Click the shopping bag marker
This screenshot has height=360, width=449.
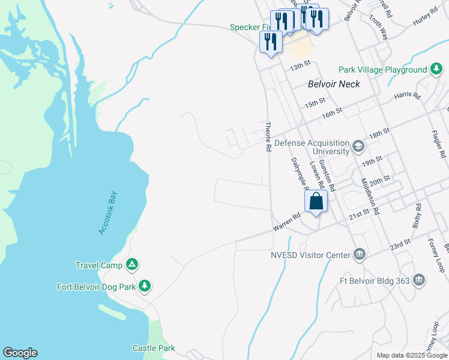pyautogui.click(x=316, y=202)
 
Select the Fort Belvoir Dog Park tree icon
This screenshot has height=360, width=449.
pyautogui.click(x=144, y=286)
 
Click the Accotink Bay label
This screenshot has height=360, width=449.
pyautogui.click(x=109, y=213)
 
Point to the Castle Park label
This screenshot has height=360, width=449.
pyautogui.click(x=154, y=348)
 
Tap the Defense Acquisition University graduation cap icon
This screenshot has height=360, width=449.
pyautogui.click(x=358, y=146)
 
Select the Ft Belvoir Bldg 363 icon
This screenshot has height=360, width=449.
pyautogui.click(x=419, y=279)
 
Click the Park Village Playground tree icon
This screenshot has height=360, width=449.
pyautogui.click(x=436, y=70)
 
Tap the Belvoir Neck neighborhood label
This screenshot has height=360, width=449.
pyautogui.click(x=334, y=85)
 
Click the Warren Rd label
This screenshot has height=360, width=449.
pyautogui.click(x=286, y=223)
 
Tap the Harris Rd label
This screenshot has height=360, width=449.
pyautogui.click(x=406, y=96)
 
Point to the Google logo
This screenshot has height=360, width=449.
pyautogui.click(x=20, y=353)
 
